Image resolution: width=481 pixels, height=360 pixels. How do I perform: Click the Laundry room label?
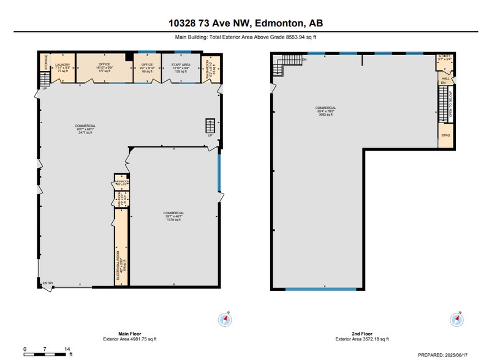pos(61,67)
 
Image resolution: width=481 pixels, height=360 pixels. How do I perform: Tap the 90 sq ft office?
pos(147,67)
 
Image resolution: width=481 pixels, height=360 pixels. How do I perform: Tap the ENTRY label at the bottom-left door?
pos(48,283)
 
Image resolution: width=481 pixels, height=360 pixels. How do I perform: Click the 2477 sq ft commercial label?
pos(86,129)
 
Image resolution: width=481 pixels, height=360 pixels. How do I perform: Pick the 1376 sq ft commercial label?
pos(173,216)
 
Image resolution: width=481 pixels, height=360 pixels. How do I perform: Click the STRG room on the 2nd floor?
pos(445,135)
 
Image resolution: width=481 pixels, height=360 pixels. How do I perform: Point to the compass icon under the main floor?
pos(222,318)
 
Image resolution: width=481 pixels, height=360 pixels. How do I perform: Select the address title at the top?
pos(246,23)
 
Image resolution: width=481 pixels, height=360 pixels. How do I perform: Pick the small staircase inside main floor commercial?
pos(210,126)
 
